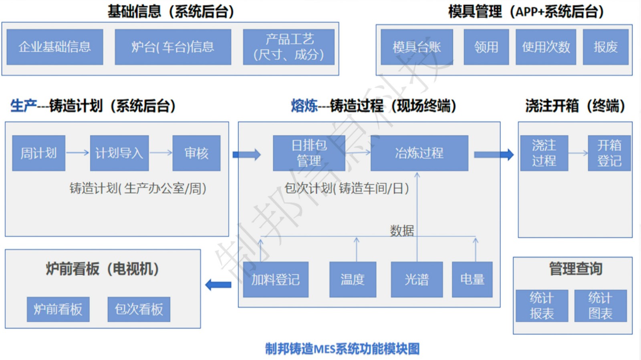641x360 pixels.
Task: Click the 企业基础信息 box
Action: pos(55,47)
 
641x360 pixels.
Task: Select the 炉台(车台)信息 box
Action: pos(173,47)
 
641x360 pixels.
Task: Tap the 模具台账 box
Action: pos(417,47)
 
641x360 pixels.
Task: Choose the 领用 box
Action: pos(486,47)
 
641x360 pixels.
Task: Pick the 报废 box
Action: pos(605,47)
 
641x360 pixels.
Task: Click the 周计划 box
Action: pos(38,153)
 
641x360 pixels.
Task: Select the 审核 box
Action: pos(196,153)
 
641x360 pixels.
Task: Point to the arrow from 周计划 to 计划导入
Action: pos(77,153)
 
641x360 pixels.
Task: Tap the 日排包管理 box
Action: pos(309,153)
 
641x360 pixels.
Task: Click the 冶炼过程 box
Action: pos(419,153)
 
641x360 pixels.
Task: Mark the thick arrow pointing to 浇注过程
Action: pos(494,155)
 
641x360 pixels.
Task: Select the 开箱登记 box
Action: pos(609,153)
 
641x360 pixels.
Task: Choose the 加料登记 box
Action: pos(276,279)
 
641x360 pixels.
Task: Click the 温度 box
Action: pos(353,279)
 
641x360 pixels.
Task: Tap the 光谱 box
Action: pos(417,279)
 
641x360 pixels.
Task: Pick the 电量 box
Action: pos(472,279)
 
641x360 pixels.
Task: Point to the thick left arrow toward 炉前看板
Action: pos(218,285)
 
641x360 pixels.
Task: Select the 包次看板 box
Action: pos(139,309)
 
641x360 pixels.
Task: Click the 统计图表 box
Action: pos(600,306)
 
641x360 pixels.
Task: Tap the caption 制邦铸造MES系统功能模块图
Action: pos(342,349)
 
